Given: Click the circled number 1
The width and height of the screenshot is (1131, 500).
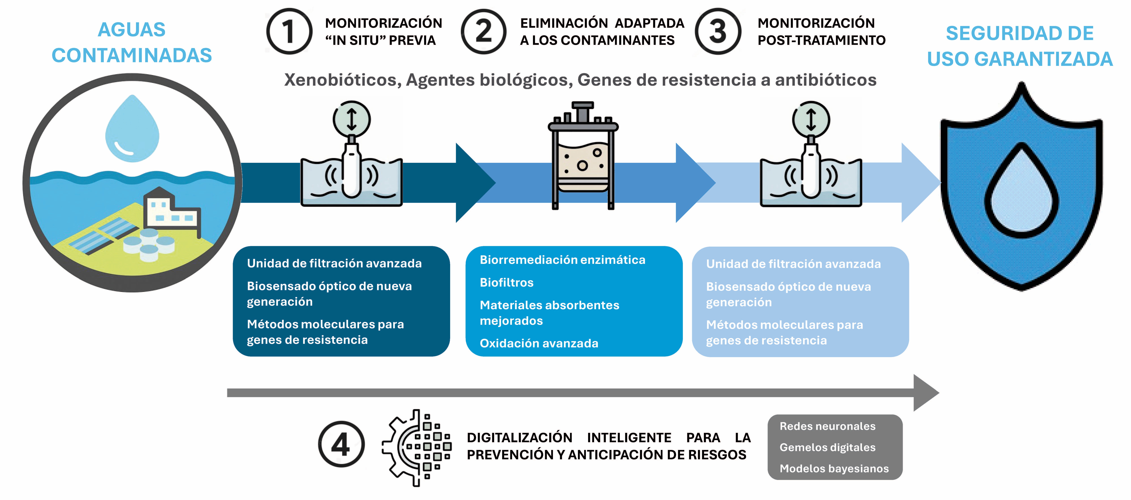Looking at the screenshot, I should tap(289, 32).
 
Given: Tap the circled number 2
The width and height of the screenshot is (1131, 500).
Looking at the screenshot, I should tap(483, 32).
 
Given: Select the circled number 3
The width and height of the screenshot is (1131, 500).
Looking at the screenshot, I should tap(718, 32).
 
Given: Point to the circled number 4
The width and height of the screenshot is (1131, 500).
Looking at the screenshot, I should tap(341, 444).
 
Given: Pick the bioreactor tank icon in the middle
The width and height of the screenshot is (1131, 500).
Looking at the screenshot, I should tap(583, 156).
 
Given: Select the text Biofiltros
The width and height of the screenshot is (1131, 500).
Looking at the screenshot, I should tap(507, 283).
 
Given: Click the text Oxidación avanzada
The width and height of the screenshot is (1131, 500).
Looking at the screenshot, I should tap(539, 343).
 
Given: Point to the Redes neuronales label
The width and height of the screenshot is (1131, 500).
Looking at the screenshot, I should tap(827, 426).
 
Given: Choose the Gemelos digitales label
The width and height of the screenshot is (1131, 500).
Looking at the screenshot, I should tap(827, 447).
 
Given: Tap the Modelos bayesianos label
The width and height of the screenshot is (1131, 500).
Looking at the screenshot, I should tap(834, 468).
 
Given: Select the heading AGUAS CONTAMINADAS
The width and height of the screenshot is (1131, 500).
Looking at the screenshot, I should tap(132, 43).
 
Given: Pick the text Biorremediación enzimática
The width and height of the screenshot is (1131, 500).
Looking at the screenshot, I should tap(562, 260).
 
